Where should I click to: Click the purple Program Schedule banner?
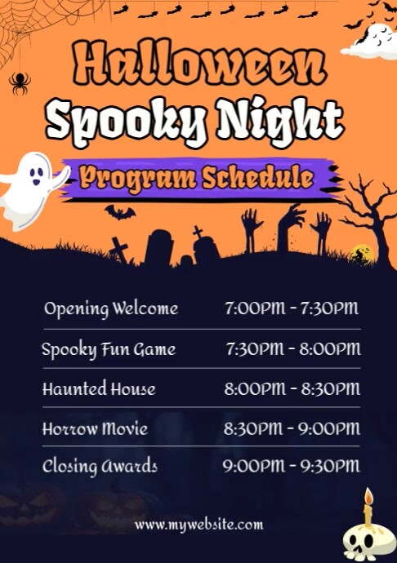(196, 177)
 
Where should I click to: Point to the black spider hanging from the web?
(18, 81)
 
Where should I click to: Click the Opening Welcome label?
(111, 308)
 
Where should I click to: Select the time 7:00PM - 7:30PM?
(292, 308)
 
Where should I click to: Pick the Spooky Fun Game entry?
(109, 349)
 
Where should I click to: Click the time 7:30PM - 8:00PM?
(292, 349)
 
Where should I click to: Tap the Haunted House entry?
(99, 388)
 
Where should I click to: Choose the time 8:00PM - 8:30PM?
(292, 388)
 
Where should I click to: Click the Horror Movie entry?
(95, 428)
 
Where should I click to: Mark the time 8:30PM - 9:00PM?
(292, 428)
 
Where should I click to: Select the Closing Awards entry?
(100, 467)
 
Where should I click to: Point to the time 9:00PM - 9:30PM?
(291, 467)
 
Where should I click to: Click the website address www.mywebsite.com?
(199, 525)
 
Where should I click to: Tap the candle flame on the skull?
(368, 496)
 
